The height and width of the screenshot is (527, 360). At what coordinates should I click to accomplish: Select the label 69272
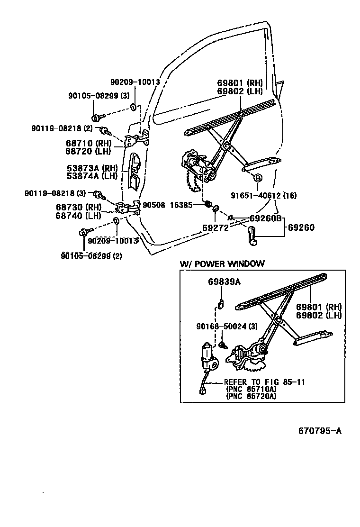pos(216,227)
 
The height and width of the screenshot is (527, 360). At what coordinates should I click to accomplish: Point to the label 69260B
pos(265,218)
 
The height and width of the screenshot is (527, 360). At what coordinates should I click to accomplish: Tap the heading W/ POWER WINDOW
pos(222,264)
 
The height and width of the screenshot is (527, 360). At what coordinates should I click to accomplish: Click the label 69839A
pos(224,282)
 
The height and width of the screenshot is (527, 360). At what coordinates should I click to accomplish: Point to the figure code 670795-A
pos(320,431)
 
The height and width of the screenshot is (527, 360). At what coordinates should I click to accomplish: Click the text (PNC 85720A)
pos(251,396)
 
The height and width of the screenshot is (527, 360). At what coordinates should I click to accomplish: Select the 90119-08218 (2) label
pos(62,128)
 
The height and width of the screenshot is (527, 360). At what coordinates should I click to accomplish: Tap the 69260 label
pos(301,227)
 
